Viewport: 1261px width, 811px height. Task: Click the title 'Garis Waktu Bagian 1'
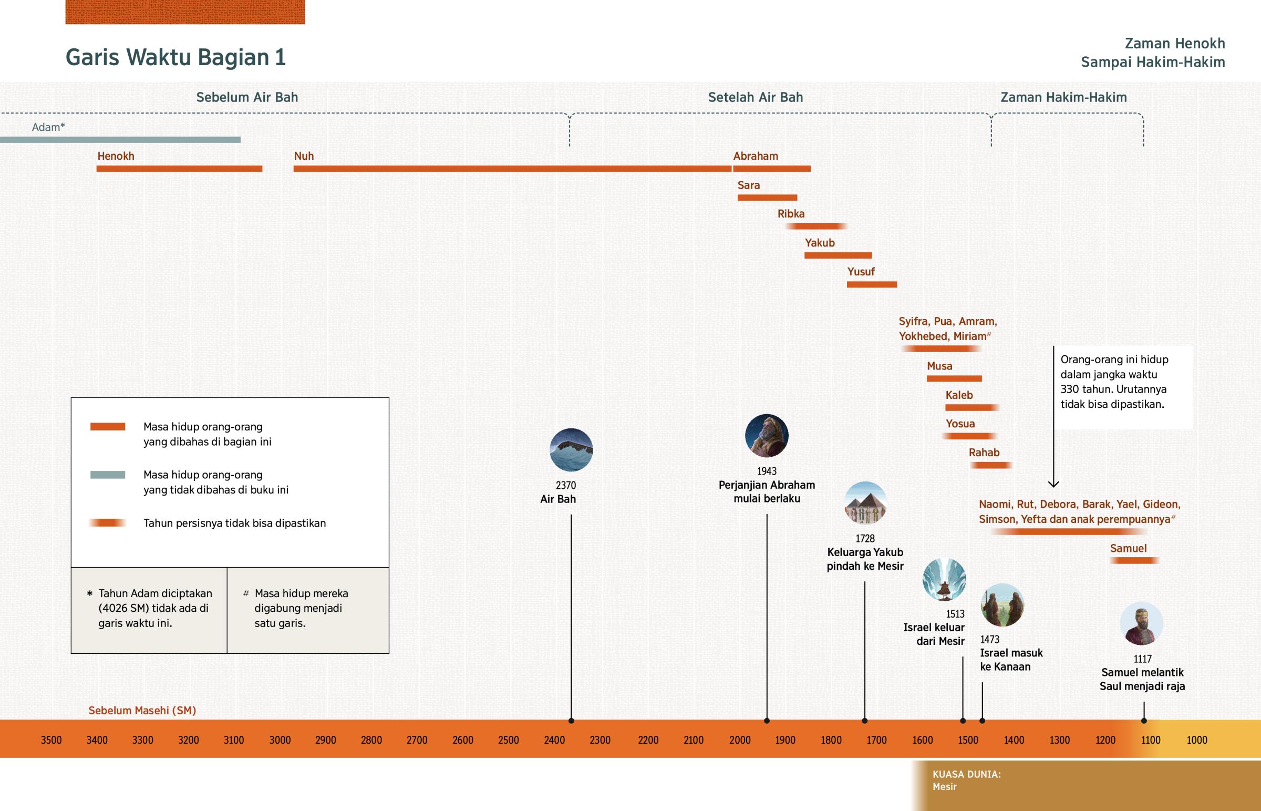(175, 57)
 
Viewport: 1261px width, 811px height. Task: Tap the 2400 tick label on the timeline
(554, 740)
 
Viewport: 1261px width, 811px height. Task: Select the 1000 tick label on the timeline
(1197, 740)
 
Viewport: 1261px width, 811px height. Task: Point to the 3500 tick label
(51, 740)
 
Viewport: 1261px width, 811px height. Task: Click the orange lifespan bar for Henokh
(179, 169)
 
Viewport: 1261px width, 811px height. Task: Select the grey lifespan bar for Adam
(120, 140)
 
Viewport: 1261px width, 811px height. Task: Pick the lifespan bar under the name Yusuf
(872, 284)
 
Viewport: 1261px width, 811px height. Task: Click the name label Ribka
(791, 214)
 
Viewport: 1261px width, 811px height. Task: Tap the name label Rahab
(984, 453)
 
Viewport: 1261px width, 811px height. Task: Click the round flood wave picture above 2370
(571, 450)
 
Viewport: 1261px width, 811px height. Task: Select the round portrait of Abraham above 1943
(766, 436)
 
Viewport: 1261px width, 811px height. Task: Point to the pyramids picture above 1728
(865, 503)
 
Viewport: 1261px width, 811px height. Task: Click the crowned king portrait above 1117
(1141, 623)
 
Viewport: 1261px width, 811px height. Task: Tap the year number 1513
(955, 613)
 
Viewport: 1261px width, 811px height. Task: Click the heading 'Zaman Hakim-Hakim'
(1063, 97)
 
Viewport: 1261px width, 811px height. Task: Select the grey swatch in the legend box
(107, 475)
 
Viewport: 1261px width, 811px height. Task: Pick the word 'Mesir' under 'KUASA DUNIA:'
(945, 787)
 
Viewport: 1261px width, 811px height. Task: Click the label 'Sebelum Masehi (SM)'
(142, 711)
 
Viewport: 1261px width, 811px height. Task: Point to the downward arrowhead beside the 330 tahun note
(1053, 484)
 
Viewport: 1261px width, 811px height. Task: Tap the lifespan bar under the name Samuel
(1134, 561)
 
